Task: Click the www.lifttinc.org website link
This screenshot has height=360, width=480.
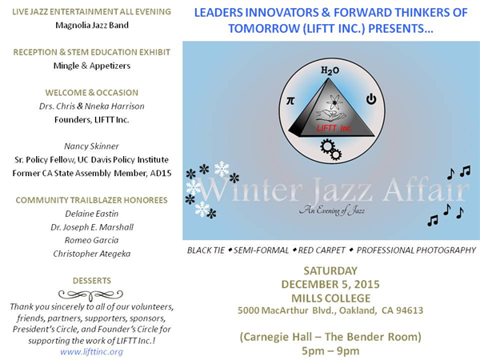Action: [91, 352]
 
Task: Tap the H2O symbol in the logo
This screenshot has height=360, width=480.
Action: [330, 70]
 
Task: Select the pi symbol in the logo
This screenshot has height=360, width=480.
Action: [290, 101]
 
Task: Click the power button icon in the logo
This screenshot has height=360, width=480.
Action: [371, 99]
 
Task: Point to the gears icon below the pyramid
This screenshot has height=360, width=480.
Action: [331, 150]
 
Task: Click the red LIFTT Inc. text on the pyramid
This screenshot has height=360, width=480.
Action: [334, 128]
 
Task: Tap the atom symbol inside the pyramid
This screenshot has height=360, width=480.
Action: [334, 102]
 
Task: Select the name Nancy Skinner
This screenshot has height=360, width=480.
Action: [91, 146]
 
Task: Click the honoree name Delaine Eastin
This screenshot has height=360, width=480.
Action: [91, 214]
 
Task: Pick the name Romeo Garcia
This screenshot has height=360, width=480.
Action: [91, 240]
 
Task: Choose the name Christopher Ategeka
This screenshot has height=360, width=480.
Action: [92, 254]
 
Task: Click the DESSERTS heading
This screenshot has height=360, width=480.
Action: [92, 281]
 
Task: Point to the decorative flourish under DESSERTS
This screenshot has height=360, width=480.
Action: [90, 294]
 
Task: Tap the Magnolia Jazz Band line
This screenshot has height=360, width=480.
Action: [92, 25]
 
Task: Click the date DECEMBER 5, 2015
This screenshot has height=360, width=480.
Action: [330, 284]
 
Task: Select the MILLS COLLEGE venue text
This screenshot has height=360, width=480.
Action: [330, 298]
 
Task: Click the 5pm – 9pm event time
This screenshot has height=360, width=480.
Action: [330, 351]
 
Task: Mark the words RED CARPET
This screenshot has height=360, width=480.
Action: [322, 250]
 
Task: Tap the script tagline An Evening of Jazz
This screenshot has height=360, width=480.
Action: [332, 210]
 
